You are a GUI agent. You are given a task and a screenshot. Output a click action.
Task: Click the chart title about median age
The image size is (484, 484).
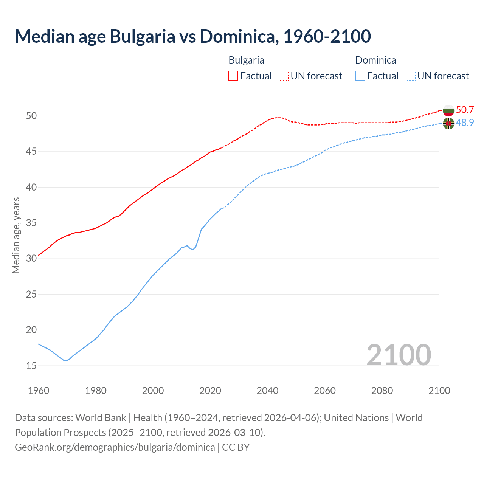tap(193, 36)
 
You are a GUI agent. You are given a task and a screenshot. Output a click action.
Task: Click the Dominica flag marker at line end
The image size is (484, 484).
tap(448, 123)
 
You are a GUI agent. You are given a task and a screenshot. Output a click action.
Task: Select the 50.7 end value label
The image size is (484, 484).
tap(465, 110)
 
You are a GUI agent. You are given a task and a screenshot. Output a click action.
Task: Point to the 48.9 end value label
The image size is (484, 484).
tap(465, 123)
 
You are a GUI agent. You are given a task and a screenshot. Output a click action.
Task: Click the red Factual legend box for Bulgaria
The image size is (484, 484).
tap(233, 76)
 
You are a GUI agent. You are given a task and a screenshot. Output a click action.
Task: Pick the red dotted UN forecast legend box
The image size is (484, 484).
tap(284, 76)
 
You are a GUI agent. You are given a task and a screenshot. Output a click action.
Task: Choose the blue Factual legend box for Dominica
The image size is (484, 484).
tap(360, 76)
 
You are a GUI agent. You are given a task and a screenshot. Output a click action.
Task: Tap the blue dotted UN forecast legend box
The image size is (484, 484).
tap(411, 76)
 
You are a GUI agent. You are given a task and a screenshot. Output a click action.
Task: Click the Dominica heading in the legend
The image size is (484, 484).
tap(375, 60)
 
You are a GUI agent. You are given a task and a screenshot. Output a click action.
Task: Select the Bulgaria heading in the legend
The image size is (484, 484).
tap(246, 60)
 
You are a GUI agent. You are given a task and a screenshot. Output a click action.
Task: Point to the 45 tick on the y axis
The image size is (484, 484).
tap(31, 152)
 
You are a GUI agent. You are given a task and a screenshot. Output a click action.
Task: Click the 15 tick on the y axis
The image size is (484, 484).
tap(31, 366)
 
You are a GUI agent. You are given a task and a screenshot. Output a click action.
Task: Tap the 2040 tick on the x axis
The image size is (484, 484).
tap(267, 391)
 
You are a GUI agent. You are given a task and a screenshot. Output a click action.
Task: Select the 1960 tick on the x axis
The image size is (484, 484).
tap(39, 391)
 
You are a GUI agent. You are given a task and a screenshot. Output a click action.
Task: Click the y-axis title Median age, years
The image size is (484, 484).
tap(16, 235)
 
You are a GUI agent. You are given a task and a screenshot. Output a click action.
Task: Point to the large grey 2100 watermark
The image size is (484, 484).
tap(399, 355)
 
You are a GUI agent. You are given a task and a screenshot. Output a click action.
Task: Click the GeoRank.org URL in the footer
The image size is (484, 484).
tap(115, 447)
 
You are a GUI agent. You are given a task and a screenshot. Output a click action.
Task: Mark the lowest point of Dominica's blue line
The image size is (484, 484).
tap(65, 360)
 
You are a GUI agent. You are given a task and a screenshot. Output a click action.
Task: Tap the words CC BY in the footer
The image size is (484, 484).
tap(236, 447)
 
